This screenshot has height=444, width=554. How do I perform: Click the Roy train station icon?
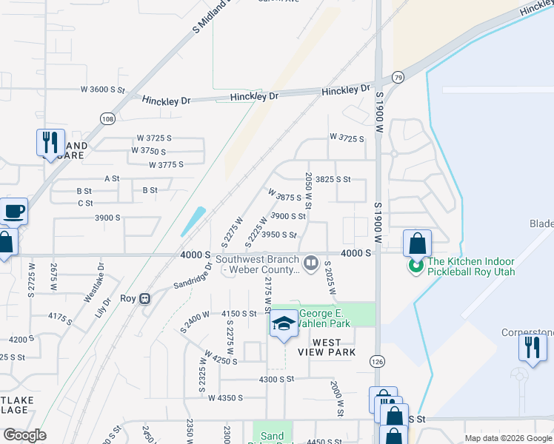click(x=146, y=299)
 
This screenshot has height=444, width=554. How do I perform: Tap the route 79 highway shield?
click(x=398, y=78)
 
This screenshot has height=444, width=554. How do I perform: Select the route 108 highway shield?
click(x=107, y=118)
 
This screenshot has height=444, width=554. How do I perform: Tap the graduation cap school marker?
click(x=283, y=324)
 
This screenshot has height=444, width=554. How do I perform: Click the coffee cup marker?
click(x=14, y=212)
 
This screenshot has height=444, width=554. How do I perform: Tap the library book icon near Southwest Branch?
click(x=312, y=262)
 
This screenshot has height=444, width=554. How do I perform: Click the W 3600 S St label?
click(x=103, y=90)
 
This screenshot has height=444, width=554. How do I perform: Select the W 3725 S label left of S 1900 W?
click(x=347, y=138)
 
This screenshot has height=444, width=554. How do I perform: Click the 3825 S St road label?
click(x=333, y=179)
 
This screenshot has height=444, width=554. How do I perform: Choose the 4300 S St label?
click(x=276, y=378)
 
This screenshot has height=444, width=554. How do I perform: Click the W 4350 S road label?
click(x=226, y=398)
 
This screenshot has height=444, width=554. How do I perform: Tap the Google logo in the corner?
click(x=24, y=435)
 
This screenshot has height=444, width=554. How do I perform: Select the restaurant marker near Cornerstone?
click(x=533, y=348)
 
